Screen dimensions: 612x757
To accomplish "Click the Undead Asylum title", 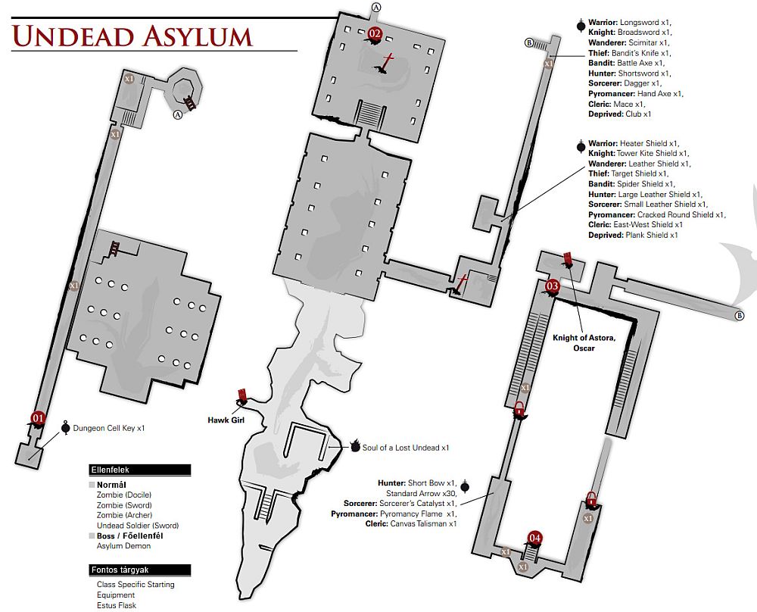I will pos(132,36).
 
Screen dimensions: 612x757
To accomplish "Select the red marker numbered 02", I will pos(375,33).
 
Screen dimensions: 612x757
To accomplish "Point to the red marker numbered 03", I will pos(552,286).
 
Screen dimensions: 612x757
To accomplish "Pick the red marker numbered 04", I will pos(535,539).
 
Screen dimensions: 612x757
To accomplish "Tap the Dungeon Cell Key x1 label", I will pos(108,429).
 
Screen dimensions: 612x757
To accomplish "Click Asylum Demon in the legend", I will pos(123,546).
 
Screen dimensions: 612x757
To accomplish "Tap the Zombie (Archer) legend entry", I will pos(123,515).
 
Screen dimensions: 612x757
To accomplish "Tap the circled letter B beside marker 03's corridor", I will pos(740,317).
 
